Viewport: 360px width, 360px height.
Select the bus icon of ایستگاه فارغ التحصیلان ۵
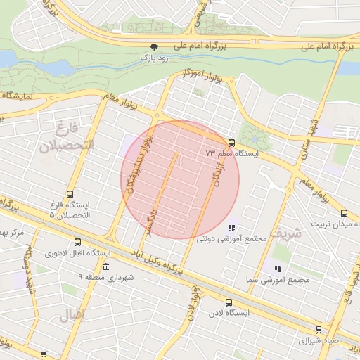pyautogui.click(x=69, y=194)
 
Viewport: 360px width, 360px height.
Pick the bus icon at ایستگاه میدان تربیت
pyautogui.click(x=344, y=213)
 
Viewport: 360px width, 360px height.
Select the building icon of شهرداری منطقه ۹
pyautogui.click(x=105, y=267)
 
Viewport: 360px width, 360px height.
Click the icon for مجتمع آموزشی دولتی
pyautogui.click(x=231, y=228)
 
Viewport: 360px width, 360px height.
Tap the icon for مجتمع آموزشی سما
pyautogui.click(x=278, y=269)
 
